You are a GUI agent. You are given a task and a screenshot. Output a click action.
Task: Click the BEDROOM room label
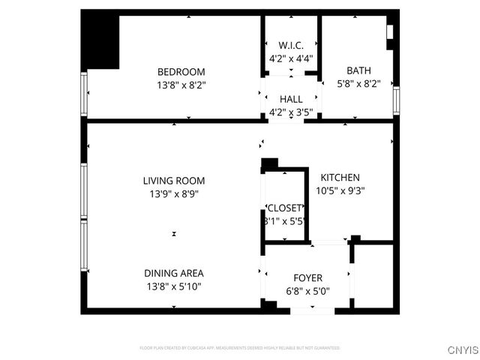tap(181, 72)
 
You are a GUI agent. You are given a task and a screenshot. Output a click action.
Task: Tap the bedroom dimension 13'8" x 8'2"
tap(181, 85)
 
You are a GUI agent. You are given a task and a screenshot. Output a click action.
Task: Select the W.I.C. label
tap(290, 44)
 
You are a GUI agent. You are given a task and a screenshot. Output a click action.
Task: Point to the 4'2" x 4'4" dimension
tap(290, 57)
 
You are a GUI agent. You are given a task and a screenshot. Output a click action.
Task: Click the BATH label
tap(358, 72)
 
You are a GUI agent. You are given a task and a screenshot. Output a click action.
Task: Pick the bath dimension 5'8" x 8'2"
tap(358, 85)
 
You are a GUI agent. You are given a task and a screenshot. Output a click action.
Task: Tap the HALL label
tap(290, 99)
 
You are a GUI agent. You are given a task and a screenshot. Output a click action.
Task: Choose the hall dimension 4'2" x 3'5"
tap(290, 112)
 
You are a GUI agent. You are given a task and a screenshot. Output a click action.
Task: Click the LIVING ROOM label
tap(174, 181)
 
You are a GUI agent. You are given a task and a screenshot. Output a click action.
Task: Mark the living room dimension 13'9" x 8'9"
tap(174, 193)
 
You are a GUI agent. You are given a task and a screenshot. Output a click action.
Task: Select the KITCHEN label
tap(340, 177)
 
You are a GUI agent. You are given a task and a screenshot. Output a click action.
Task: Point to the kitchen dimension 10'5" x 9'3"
tap(340, 190)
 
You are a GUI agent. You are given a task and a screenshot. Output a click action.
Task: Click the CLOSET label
tap(284, 208)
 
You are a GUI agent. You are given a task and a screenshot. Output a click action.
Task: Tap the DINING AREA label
tap(174, 273)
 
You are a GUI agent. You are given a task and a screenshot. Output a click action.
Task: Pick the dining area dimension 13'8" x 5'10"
tap(174, 286)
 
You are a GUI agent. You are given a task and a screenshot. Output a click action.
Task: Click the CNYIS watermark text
tap(463, 350)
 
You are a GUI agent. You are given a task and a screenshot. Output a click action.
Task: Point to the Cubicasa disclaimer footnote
tap(239, 348)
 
